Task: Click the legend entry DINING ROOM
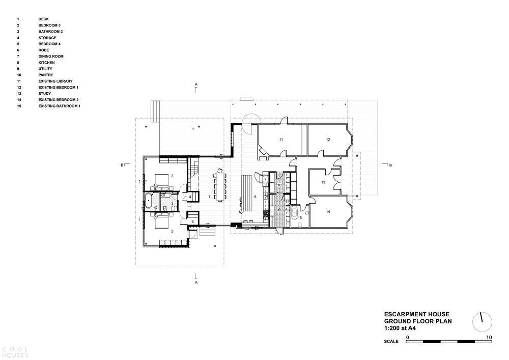51,56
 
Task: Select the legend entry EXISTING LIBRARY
55,81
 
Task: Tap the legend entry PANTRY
45,75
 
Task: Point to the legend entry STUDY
44,94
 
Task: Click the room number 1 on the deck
193,129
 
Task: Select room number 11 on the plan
281,140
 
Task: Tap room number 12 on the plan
328,140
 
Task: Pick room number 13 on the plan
323,182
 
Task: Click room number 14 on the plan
328,212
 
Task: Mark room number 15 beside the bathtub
300,218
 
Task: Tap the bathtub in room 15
294,213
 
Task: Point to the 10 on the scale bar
489,338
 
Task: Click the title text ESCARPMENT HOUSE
417,314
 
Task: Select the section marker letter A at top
196,85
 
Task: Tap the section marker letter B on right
390,165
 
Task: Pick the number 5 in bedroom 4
172,231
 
